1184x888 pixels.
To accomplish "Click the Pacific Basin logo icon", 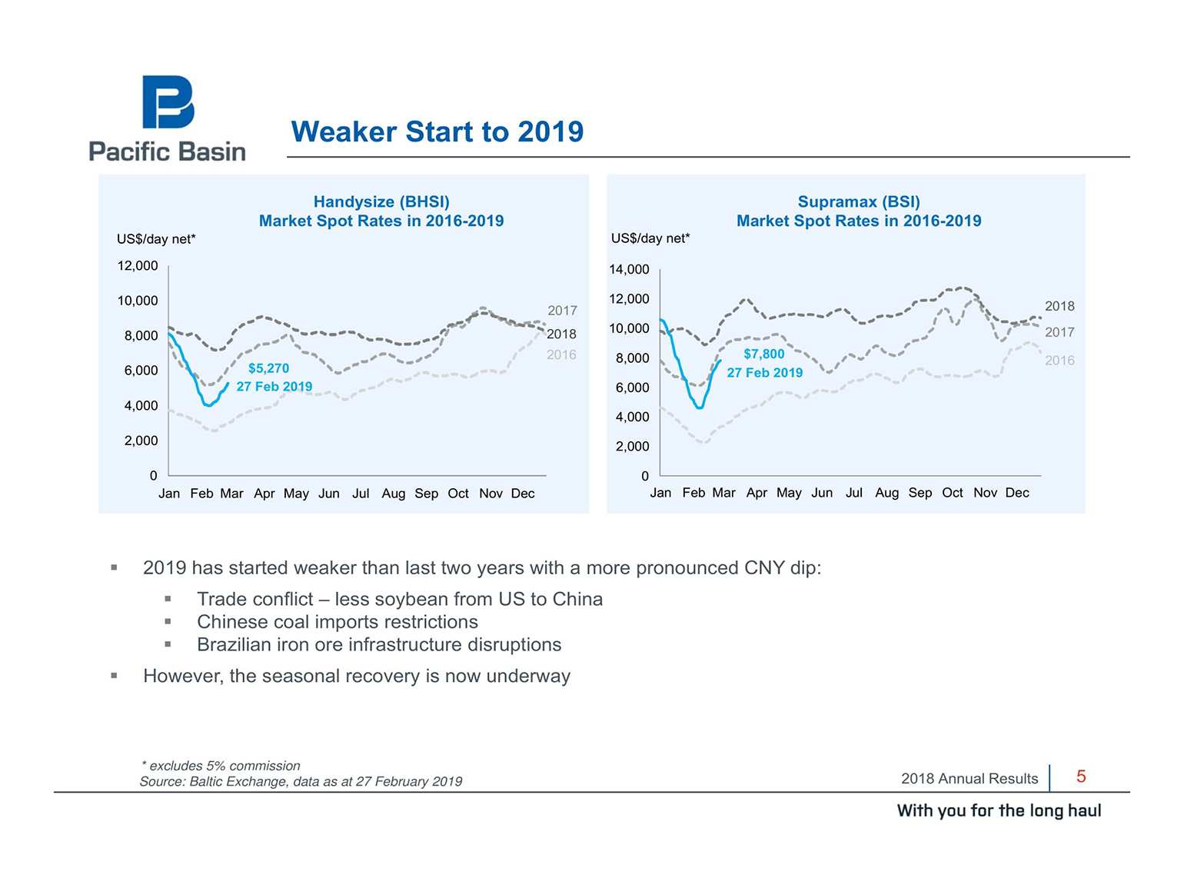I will tap(168, 101).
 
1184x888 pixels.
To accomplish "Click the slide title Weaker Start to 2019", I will tap(437, 131).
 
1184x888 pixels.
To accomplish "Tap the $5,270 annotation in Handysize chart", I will tap(268, 368).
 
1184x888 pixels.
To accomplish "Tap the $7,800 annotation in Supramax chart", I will tap(763, 354).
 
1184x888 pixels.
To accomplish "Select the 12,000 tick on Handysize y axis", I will tap(138, 266).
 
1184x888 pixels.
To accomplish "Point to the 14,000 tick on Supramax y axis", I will tap(629, 269).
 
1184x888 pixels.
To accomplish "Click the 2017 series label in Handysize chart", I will tap(562, 311).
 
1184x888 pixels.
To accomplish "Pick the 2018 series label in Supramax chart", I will tap(1059, 306).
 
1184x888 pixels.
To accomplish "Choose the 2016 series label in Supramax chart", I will tap(1059, 360).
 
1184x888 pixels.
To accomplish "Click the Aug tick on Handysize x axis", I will tap(393, 494).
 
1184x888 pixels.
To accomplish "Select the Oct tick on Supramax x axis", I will tap(952, 493).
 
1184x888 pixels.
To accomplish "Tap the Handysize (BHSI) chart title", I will tap(381, 202).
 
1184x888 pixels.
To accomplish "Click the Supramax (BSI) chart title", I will tap(859, 202).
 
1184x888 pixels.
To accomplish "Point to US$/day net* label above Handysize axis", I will tap(156, 239).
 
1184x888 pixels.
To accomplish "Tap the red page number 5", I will tap(1080, 777).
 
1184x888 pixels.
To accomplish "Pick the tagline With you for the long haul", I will tap(999, 810).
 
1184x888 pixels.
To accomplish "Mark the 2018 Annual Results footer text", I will tap(969, 778).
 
